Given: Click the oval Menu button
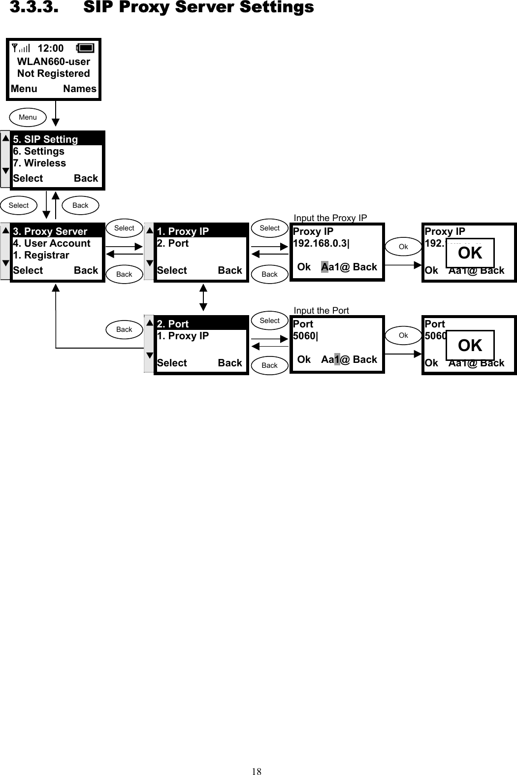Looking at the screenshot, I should click(x=28, y=117).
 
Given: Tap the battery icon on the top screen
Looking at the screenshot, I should click(x=85, y=48).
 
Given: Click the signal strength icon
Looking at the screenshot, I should click(x=21, y=48).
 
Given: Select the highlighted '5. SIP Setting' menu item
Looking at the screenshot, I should click(x=45, y=139).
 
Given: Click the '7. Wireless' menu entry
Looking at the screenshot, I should click(x=39, y=163).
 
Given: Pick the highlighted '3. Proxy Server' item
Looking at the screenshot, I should click(x=50, y=231).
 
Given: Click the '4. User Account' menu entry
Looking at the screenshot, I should click(x=52, y=243).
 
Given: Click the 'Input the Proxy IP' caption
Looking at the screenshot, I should click(x=330, y=218).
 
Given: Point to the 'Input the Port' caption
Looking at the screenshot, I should click(x=321, y=310).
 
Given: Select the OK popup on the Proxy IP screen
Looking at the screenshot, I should click(x=470, y=253).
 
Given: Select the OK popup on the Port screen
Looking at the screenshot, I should click(x=470, y=346).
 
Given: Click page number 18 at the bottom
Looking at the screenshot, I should click(x=257, y=771).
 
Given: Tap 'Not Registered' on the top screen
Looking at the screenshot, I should click(x=54, y=73).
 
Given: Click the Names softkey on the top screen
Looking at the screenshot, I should click(x=80, y=89).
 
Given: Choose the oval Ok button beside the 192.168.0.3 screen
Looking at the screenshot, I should click(x=403, y=247).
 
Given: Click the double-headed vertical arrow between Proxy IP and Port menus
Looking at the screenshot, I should click(x=203, y=297).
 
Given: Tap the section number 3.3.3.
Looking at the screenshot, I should click(x=33, y=7).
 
